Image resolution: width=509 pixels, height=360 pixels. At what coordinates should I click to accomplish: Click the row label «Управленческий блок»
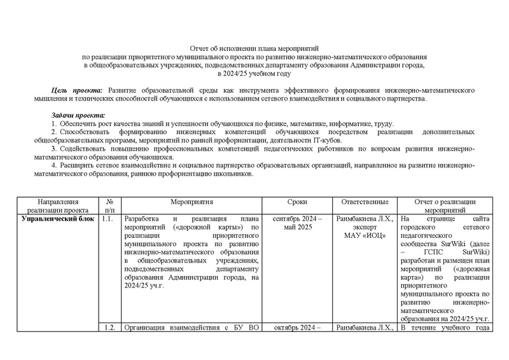57,219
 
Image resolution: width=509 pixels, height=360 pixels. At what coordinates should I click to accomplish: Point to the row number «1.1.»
109,219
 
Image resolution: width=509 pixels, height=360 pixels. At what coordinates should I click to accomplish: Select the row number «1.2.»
109,328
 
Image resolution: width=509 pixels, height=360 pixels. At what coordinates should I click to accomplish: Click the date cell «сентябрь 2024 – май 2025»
297,223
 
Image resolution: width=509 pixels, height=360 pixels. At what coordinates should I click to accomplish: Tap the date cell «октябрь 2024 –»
297,328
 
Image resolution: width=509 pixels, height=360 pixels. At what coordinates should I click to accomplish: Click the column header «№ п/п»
109,205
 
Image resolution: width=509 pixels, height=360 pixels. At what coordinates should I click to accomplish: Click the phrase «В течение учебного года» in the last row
443,328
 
